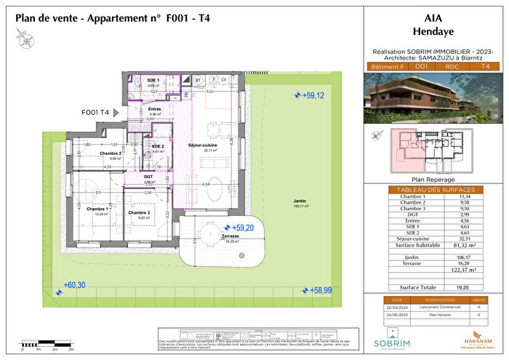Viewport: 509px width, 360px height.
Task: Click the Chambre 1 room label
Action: [97, 209]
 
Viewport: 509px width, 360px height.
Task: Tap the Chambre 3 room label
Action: [139, 212]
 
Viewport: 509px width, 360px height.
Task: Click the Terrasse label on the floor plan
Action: [212, 236]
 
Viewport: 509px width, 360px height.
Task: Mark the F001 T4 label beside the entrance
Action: [96, 113]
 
